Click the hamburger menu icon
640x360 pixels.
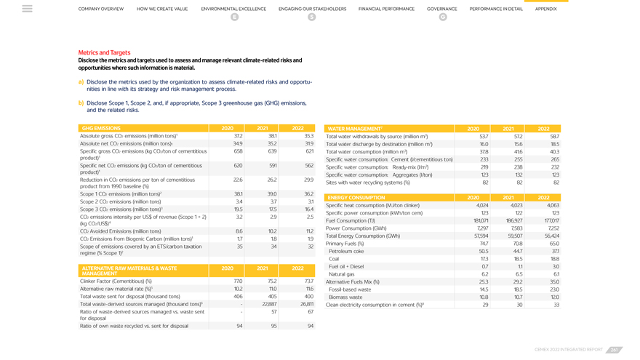click(x=27, y=9)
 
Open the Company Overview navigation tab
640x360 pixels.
click(x=101, y=9)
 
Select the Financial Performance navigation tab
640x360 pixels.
click(x=386, y=9)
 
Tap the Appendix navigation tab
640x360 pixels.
click(x=545, y=9)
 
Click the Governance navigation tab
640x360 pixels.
click(x=442, y=9)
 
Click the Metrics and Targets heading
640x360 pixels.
click(x=104, y=52)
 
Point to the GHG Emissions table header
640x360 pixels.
click(x=102, y=128)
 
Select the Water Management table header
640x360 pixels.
click(x=355, y=128)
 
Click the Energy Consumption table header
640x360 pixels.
click(x=356, y=197)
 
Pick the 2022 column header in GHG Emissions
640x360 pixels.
click(x=297, y=128)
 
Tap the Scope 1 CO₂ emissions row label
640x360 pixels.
click(x=121, y=194)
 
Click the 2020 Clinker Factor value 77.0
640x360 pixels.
click(x=238, y=281)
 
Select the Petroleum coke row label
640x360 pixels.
click(x=346, y=251)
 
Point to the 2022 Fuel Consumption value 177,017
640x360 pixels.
click(x=552, y=220)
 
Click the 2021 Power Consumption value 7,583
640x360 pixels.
click(x=515, y=228)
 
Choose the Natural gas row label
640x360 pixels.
click(x=342, y=274)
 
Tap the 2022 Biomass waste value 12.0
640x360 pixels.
click(x=555, y=297)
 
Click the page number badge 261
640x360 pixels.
click(x=615, y=350)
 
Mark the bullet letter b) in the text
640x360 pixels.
click(x=81, y=103)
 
